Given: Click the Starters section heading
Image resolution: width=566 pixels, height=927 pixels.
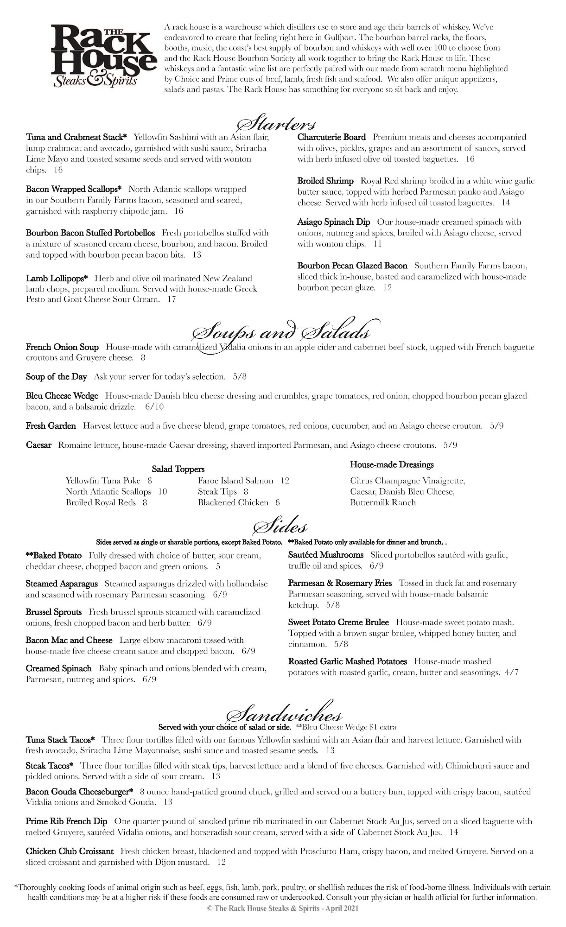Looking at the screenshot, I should [x=277, y=124].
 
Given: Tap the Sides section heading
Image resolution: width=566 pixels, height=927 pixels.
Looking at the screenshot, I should [x=280, y=527].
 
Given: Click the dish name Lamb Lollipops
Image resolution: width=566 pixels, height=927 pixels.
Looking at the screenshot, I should [x=57, y=279].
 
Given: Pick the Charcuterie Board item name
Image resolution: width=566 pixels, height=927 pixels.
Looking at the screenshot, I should [x=331, y=137].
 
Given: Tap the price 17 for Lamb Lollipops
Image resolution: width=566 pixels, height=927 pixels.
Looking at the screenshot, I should [x=172, y=299].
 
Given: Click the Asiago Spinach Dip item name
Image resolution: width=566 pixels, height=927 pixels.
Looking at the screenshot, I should [x=334, y=222].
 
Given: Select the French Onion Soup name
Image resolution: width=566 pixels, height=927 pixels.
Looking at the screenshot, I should [x=62, y=347].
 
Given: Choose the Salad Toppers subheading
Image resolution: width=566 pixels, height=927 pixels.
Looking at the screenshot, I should [x=178, y=469].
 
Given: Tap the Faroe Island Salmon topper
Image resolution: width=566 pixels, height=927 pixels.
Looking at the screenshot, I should [x=235, y=481].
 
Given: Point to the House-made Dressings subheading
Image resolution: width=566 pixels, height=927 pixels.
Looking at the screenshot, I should [x=392, y=464].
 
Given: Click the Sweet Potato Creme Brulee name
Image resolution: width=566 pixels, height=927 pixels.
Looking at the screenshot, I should [x=338, y=622].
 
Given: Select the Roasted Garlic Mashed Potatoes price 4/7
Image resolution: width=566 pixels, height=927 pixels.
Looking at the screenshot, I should [x=510, y=673].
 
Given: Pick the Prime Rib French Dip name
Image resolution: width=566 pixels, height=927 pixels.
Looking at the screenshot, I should [x=66, y=821].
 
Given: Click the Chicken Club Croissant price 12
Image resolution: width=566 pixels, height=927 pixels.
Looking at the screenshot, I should [x=221, y=862].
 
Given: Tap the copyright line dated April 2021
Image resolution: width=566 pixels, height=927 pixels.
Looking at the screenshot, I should [x=283, y=909].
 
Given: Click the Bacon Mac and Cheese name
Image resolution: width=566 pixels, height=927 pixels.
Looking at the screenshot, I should [x=69, y=640].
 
